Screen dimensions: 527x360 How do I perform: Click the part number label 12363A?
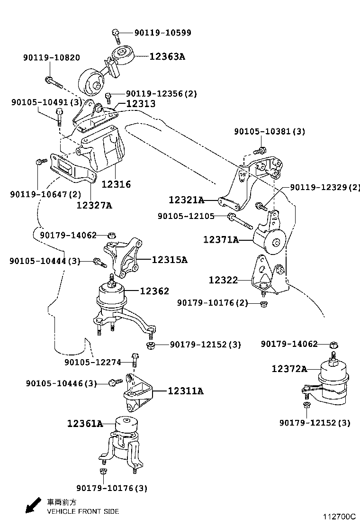pos(167,56)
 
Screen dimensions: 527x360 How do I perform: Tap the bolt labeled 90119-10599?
pos(115,34)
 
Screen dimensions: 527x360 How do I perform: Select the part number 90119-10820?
pos(51,58)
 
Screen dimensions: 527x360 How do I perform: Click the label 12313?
pos(141,103)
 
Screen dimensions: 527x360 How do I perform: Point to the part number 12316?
pos(116,184)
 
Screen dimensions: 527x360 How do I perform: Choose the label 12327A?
pos(94,205)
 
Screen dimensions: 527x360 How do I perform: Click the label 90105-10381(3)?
pos(269,131)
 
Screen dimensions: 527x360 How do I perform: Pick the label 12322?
pos(223,280)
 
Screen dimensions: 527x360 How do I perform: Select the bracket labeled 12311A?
pos(139,392)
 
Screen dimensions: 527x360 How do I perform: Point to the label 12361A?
pos(85,423)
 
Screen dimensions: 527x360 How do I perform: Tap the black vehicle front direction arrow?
pos(33,506)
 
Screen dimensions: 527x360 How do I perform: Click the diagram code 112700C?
pos(339,517)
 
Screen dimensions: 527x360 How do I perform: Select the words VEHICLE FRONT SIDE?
pos(83,511)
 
